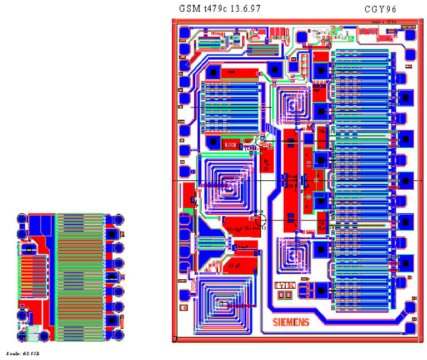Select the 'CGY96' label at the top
(x=380, y=9)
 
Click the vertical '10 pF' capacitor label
(x=267, y=164)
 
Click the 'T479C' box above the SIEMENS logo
(x=285, y=285)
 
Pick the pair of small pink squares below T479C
(x=285, y=294)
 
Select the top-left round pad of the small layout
(x=22, y=219)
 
